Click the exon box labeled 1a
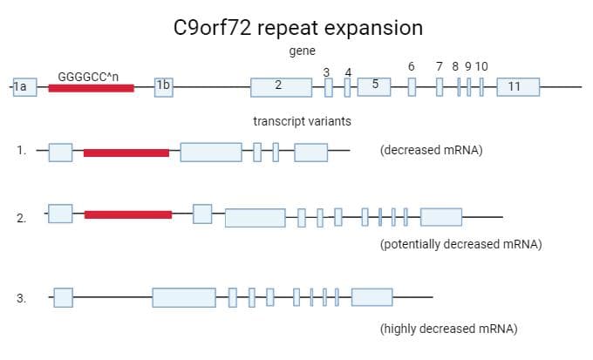tap(25, 87)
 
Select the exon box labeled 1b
tap(164, 87)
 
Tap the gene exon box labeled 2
tap(282, 87)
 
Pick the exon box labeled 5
tap(374, 87)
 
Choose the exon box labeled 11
tap(518, 87)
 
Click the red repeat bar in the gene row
tap(92, 88)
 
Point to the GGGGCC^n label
tap(88, 77)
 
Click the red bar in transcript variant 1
tap(126, 153)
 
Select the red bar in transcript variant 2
tap(128, 214)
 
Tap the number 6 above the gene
tap(412, 66)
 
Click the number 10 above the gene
tap(481, 66)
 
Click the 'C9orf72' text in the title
tap(212, 28)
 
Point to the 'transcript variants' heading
tap(303, 121)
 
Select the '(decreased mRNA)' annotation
tap(432, 150)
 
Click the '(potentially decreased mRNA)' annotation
tap(461, 244)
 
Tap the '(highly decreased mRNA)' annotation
tap(449, 329)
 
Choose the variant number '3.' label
tap(21, 298)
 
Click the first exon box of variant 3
tap(63, 297)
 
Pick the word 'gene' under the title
tap(303, 51)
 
